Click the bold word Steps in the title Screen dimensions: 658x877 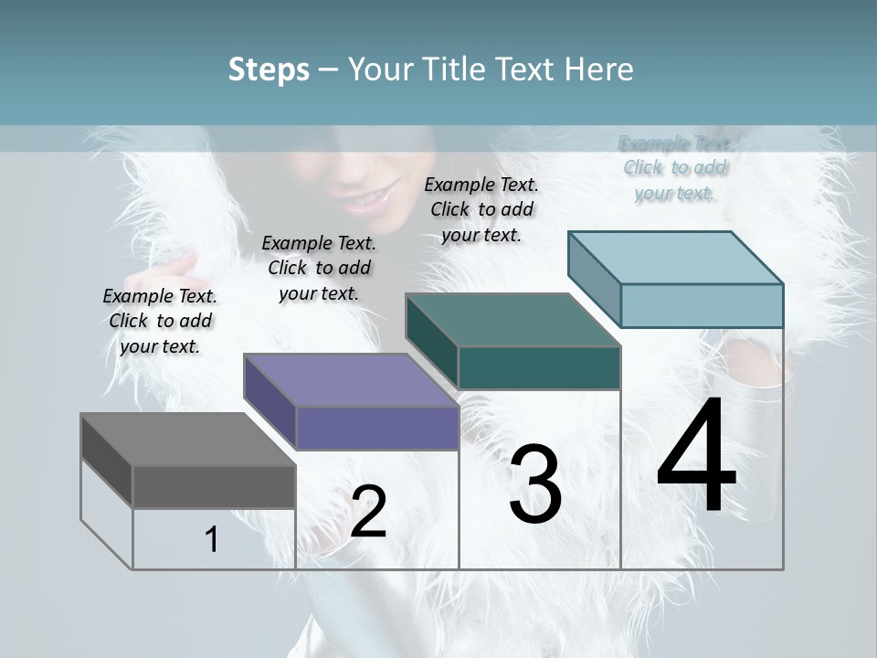click(x=269, y=69)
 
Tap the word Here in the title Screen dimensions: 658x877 click(x=599, y=69)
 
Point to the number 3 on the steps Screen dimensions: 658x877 click(x=535, y=484)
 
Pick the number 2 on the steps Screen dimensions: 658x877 click(x=368, y=512)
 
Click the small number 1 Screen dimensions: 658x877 click(x=212, y=539)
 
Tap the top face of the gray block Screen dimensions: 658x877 click(x=187, y=440)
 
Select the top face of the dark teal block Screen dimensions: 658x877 click(x=512, y=320)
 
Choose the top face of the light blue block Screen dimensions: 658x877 click(x=675, y=258)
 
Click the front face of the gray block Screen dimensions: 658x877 click(x=214, y=487)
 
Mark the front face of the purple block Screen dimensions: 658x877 click(x=376, y=428)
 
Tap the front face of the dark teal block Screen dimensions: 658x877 click(x=539, y=367)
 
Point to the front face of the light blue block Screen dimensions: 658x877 click(x=702, y=305)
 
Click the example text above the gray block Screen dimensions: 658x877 click(x=160, y=321)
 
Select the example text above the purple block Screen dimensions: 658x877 click(x=319, y=268)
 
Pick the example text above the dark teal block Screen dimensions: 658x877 click(x=481, y=209)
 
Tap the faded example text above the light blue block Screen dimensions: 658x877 click(x=675, y=168)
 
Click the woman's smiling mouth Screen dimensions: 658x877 click(x=373, y=196)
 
